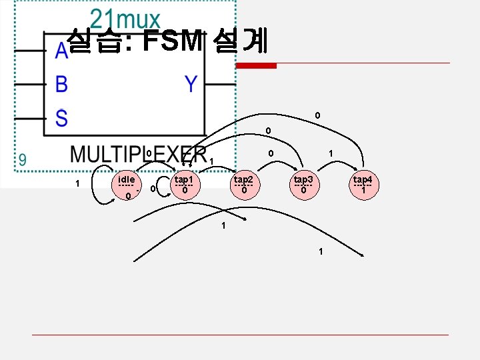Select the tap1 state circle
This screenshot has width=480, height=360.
coord(184,185)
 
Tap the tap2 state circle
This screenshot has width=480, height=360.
coord(244,185)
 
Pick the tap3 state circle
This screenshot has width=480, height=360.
coord(303,185)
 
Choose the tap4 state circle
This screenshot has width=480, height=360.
coord(363,185)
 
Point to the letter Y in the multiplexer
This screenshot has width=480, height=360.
coord(191,84)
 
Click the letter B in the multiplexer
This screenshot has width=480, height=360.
coord(61,85)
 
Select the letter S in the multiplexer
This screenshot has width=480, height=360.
coord(61,119)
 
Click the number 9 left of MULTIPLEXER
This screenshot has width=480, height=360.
coord(23,160)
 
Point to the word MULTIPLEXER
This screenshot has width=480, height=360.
coord(138,155)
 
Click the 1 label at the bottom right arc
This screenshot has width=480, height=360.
coord(321,251)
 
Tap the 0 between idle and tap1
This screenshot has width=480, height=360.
coord(153,189)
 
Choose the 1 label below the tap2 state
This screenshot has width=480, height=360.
coord(224,225)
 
